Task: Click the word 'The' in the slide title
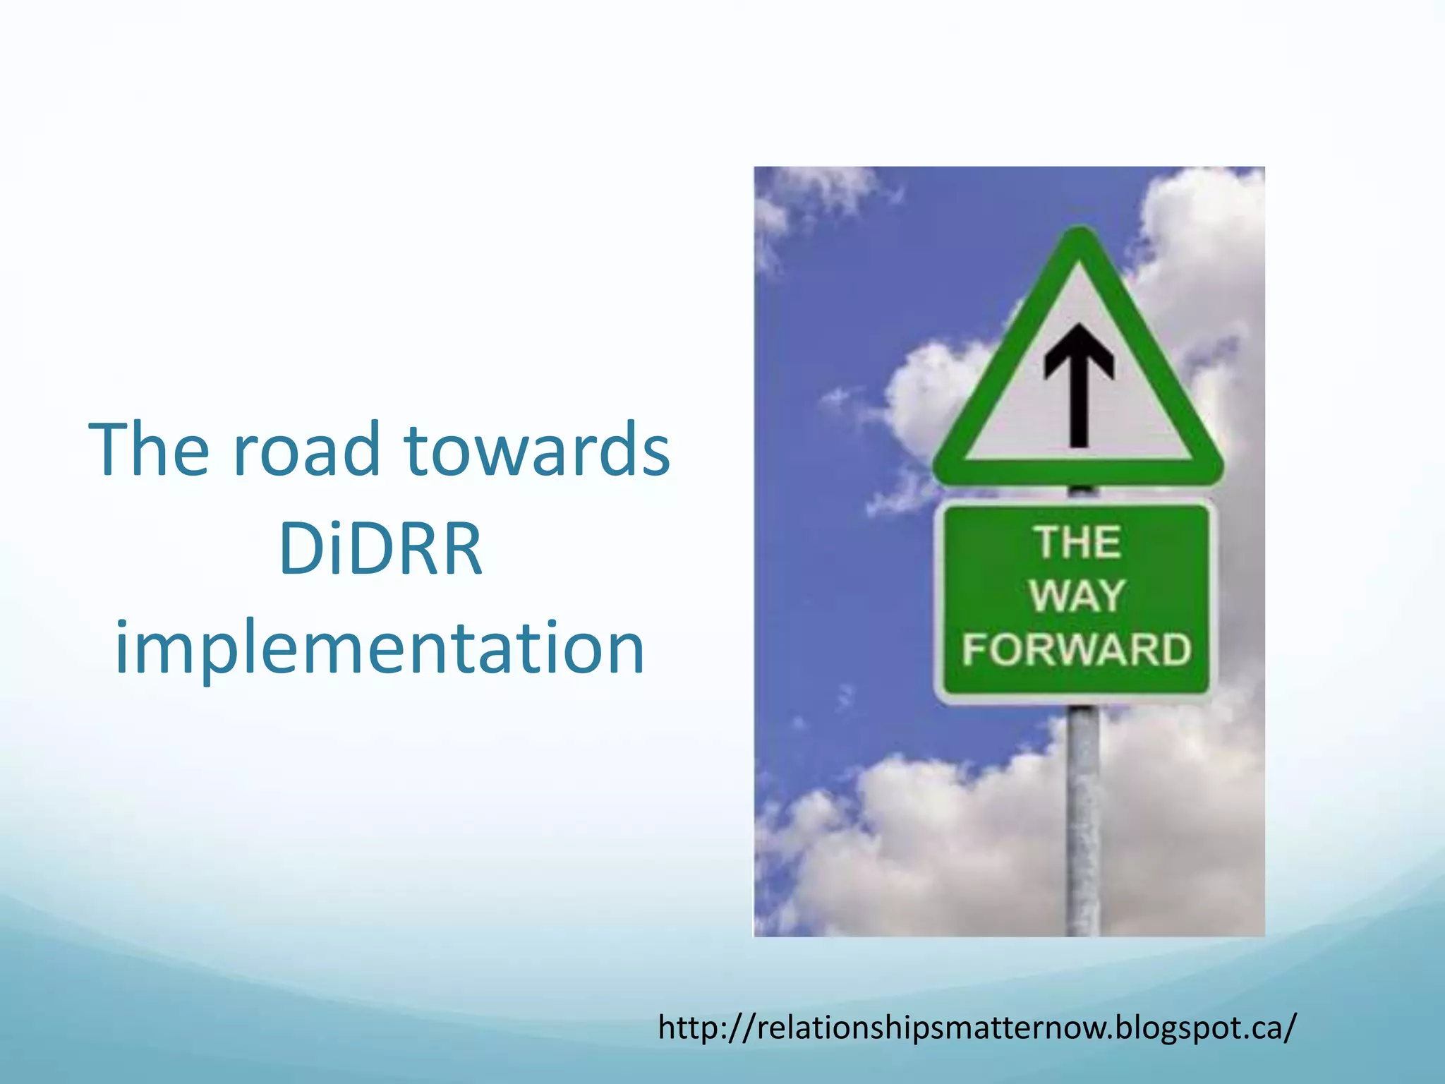coord(149,450)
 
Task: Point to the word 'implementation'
coord(380,648)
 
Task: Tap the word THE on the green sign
coord(1077,543)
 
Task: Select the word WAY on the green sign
coord(1077,596)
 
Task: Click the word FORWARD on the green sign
coord(1076,649)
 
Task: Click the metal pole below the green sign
coord(1082,819)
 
